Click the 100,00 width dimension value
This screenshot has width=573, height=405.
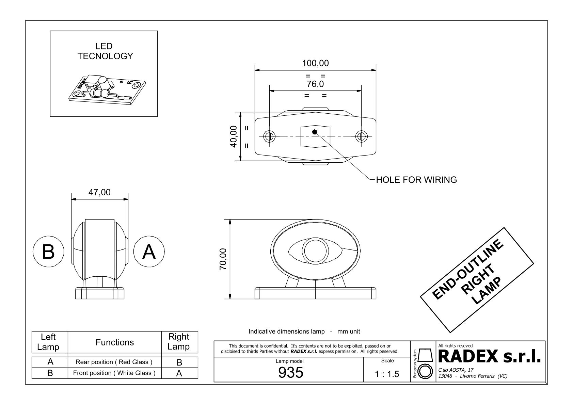[x=315, y=63]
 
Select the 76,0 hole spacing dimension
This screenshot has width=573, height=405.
[x=315, y=84]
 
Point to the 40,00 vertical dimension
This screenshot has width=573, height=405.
[x=234, y=136]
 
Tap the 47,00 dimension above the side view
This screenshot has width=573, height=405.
[x=99, y=192]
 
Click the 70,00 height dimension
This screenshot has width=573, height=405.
[x=223, y=259]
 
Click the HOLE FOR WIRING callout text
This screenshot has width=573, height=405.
[x=416, y=180]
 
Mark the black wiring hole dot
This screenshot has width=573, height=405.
[x=315, y=132]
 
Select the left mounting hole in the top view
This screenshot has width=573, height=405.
[x=269, y=136]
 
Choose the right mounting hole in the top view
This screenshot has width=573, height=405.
[x=361, y=136]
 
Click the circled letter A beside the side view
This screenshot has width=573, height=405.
[x=149, y=252]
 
